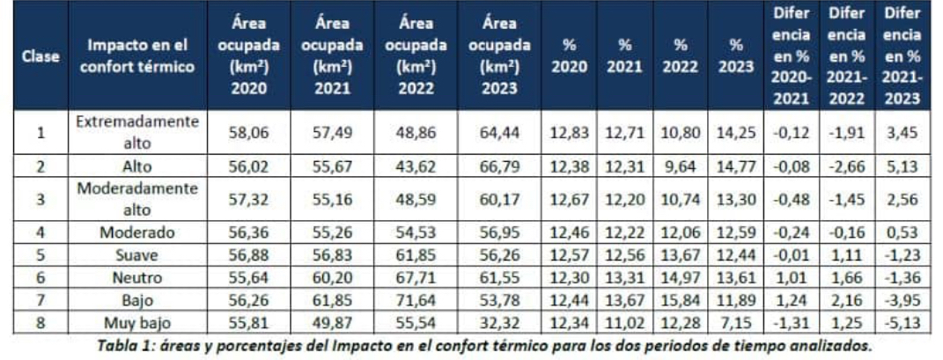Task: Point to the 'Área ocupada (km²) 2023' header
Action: [x=499, y=57]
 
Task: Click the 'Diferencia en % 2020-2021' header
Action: [x=790, y=57]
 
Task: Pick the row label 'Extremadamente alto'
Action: [x=138, y=133]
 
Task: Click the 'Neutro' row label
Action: [x=139, y=277]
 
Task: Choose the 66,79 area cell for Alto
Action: [x=499, y=165]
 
